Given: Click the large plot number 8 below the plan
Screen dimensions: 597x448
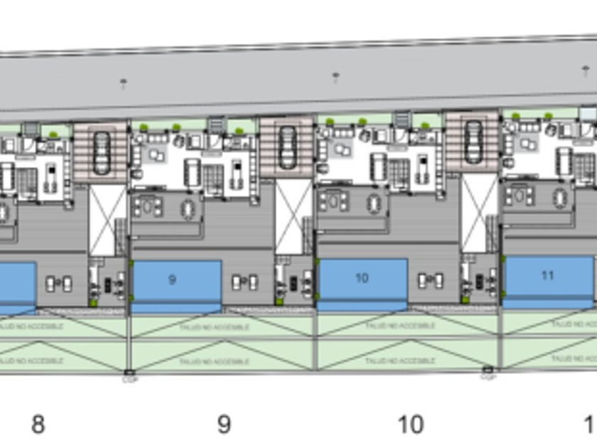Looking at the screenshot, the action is pyautogui.click(x=38, y=425).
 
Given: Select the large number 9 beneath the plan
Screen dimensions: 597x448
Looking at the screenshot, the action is pyautogui.click(x=224, y=425).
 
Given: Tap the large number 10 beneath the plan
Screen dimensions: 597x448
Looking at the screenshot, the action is pyautogui.click(x=410, y=425).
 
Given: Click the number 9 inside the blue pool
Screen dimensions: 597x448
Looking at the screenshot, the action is pyautogui.click(x=172, y=279).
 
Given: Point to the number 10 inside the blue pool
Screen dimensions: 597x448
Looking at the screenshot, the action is pyautogui.click(x=361, y=277).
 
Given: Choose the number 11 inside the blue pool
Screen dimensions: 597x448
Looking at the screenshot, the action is pyautogui.click(x=547, y=275).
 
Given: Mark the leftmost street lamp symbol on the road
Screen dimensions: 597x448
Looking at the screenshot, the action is pyautogui.click(x=124, y=84).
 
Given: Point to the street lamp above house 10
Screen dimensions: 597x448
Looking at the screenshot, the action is pyautogui.click(x=336, y=77).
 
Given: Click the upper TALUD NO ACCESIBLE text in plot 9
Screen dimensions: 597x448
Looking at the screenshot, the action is pyautogui.click(x=224, y=327).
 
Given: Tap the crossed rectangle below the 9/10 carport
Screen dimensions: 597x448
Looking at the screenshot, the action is pyautogui.click(x=293, y=218).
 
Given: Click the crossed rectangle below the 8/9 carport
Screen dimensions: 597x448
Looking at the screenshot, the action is pyautogui.click(x=107, y=220).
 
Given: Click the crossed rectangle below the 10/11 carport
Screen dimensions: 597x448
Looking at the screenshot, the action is pyautogui.click(x=479, y=213).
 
